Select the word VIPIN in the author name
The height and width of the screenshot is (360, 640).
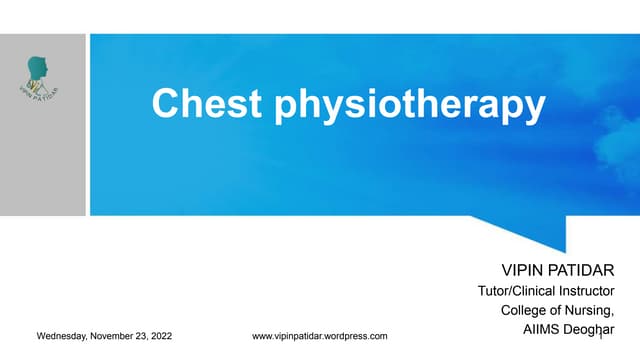click(x=524, y=271)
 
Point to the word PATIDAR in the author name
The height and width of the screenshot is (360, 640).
click(x=586, y=271)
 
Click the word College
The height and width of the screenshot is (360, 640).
click(x=523, y=310)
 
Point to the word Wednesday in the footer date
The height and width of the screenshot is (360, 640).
click(x=62, y=336)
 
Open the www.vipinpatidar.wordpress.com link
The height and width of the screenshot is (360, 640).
click(x=320, y=336)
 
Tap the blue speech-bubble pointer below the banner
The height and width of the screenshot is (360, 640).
click(x=540, y=231)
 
